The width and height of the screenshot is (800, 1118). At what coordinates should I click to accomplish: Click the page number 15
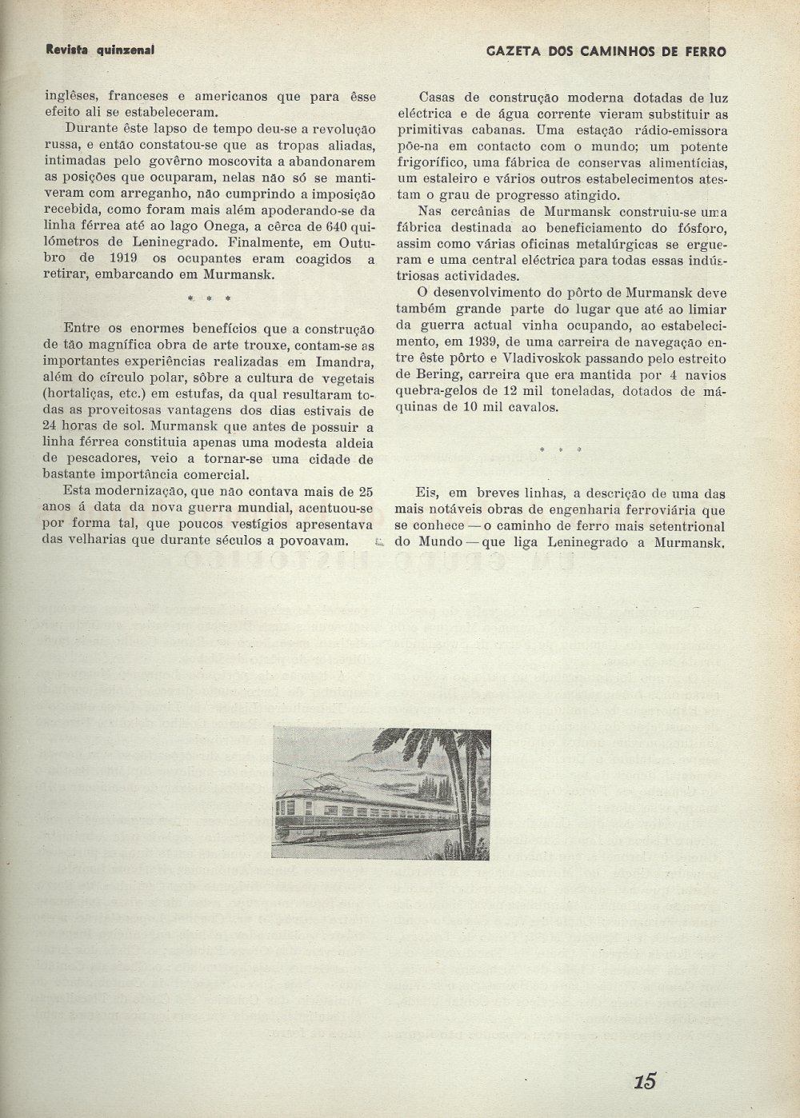pyautogui.click(x=645, y=1081)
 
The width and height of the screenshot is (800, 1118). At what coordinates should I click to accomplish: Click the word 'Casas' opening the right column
pyautogui.click(x=438, y=98)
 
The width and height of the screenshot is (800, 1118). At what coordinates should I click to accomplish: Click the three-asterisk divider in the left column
pyautogui.click(x=210, y=298)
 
